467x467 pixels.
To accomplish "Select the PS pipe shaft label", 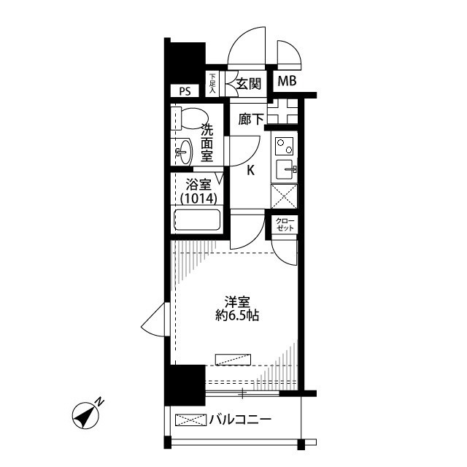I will (185, 91).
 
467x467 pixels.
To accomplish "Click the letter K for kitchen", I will (250, 171).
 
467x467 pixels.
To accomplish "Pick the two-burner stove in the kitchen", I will (285, 146).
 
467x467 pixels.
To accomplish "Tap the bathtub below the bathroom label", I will (197, 219).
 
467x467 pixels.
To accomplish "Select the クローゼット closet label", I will (285, 225).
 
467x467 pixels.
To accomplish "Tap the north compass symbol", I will (88, 414).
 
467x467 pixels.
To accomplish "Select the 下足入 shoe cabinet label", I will (212, 82).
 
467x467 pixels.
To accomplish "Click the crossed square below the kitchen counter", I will (284, 195).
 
